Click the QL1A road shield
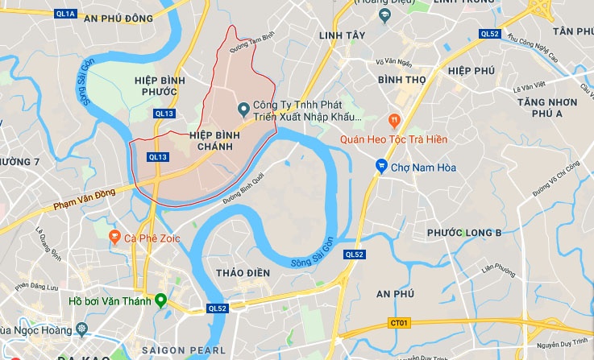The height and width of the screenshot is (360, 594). pyautogui.click(x=66, y=14)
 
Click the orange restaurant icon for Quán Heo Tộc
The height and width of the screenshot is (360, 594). pyautogui.click(x=394, y=121)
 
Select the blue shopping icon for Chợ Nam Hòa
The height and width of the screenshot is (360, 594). pyautogui.click(x=380, y=167)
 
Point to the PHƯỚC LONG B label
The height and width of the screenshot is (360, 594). pyautogui.click(x=464, y=233)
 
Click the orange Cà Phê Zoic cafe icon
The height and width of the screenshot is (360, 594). pyautogui.click(x=114, y=238)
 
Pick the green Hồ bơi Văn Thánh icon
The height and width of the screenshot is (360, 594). pyautogui.click(x=160, y=301)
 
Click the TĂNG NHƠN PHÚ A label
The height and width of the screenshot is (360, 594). pyautogui.click(x=547, y=108)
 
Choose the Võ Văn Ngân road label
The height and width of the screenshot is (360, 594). pyautogui.click(x=393, y=61)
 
